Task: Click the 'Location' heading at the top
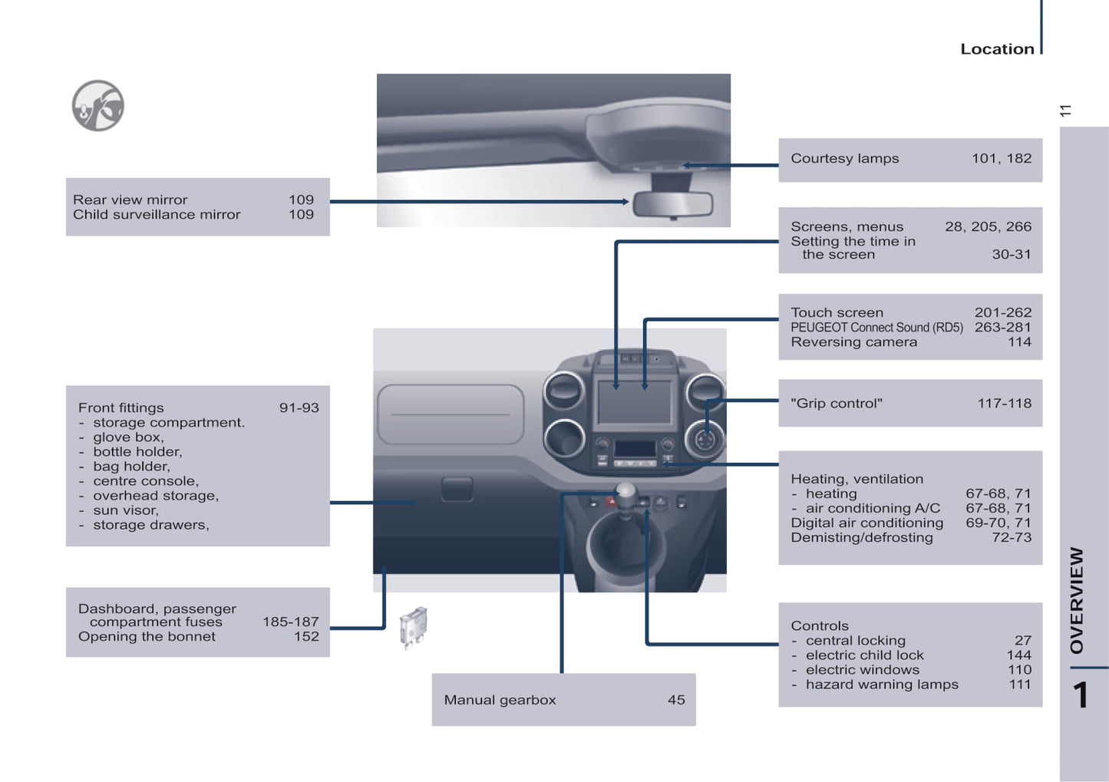click(997, 49)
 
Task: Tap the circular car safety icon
click(98, 106)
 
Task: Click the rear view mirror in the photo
click(673, 204)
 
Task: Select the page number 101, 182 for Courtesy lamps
click(1002, 159)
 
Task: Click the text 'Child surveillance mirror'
click(157, 215)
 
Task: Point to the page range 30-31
click(1011, 255)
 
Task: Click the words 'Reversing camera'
click(853, 342)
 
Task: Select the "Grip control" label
click(837, 404)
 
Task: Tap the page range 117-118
click(1004, 404)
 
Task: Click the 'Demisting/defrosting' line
click(862, 538)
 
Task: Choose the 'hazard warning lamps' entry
click(882, 685)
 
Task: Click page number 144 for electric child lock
click(1019, 655)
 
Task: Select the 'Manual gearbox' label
click(500, 700)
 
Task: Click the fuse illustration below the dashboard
click(414, 628)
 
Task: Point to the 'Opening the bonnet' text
click(147, 637)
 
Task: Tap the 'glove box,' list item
click(128, 437)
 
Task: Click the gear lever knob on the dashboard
click(626, 491)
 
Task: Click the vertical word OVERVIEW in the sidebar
click(1077, 600)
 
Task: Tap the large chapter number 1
click(1080, 695)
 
